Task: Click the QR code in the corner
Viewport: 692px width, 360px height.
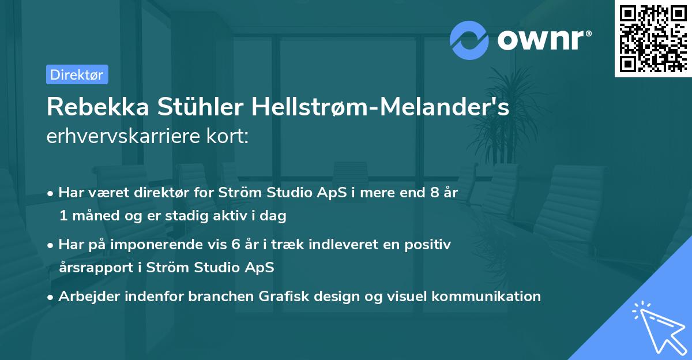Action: pyautogui.click(x=653, y=39)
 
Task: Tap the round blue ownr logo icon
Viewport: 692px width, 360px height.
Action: pyautogui.click(x=469, y=40)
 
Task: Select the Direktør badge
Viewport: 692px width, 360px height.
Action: pyautogui.click(x=77, y=74)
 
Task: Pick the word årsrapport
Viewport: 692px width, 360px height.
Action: pyautogui.click(x=91, y=268)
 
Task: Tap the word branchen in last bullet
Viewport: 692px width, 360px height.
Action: pyautogui.click(x=213, y=297)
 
